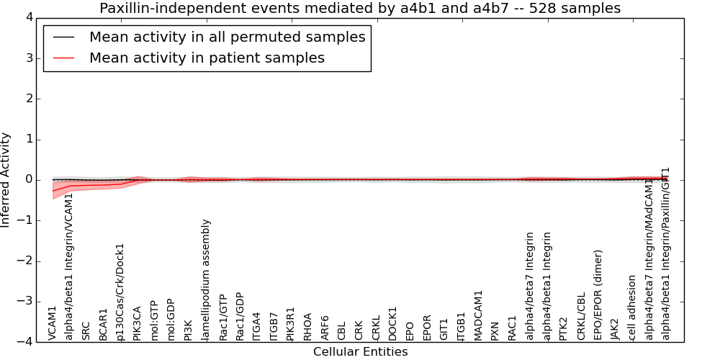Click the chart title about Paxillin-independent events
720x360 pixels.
coord(360,8)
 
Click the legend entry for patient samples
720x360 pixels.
coord(207,58)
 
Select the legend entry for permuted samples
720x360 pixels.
coord(227,37)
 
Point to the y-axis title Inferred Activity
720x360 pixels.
coord(6,180)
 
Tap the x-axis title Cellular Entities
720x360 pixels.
coord(360,352)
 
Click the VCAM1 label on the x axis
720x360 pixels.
coord(53,323)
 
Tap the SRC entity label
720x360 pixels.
coord(86,330)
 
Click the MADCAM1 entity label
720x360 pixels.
coord(479,315)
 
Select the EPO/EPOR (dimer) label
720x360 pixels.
coord(598,295)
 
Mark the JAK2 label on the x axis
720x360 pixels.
coord(615,329)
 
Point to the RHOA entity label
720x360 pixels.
coord(308,326)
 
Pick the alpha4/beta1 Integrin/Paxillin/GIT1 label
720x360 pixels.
coord(666,253)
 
